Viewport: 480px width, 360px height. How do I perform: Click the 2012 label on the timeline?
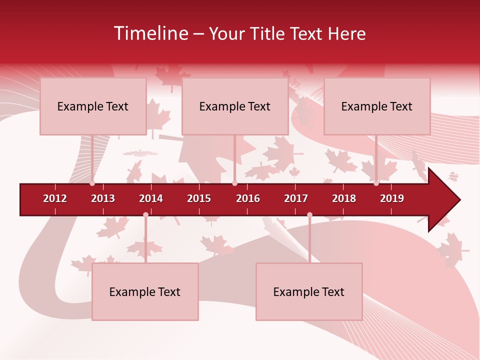pos(55,198)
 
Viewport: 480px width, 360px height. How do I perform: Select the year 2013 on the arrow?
pos(103,198)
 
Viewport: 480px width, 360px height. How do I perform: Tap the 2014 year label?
pos(151,198)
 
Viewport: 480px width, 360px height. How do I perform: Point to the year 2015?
pos(199,198)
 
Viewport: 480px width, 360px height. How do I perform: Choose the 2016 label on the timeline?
pos(248,198)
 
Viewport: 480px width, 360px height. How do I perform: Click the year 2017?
pos(296,198)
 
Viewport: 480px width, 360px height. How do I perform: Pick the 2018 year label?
pos(344,198)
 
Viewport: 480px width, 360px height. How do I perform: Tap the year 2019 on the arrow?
pos(392,198)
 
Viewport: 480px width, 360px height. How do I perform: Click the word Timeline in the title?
pos(150,33)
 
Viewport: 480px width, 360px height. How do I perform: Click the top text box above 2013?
pos(93,106)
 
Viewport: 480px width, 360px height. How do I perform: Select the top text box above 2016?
pos(235,106)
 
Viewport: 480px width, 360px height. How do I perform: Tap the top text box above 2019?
pos(377,106)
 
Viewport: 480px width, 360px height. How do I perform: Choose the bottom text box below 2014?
pos(145,291)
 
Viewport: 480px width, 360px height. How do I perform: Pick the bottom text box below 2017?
pos(309,291)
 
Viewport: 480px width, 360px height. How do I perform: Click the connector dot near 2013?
pos(92,183)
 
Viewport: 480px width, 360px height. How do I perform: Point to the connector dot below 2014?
pos(145,215)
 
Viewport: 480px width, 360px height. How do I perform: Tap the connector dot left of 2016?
pos(234,183)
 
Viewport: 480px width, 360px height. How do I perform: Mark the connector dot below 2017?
pos(309,215)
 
